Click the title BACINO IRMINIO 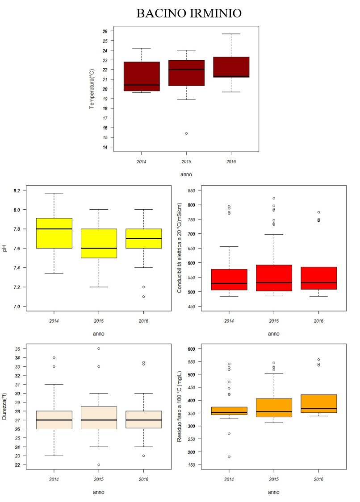[x=188, y=13]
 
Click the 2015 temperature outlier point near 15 [x=186, y=133]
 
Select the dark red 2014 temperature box [x=142, y=76]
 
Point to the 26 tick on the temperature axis [x=105, y=31]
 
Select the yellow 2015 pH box [x=99, y=243]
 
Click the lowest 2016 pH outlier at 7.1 [x=143, y=297]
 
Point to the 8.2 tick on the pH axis [x=17, y=191]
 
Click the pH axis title [x=5, y=248]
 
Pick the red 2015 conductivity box [x=274, y=278]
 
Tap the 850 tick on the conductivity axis [x=191, y=191]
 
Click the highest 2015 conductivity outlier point [x=274, y=198]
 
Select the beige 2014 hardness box [x=54, y=420]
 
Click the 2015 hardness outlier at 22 [x=99, y=465]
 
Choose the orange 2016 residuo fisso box [x=318, y=403]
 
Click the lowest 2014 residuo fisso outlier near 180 [x=229, y=456]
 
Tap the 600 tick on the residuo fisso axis [x=191, y=348]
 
